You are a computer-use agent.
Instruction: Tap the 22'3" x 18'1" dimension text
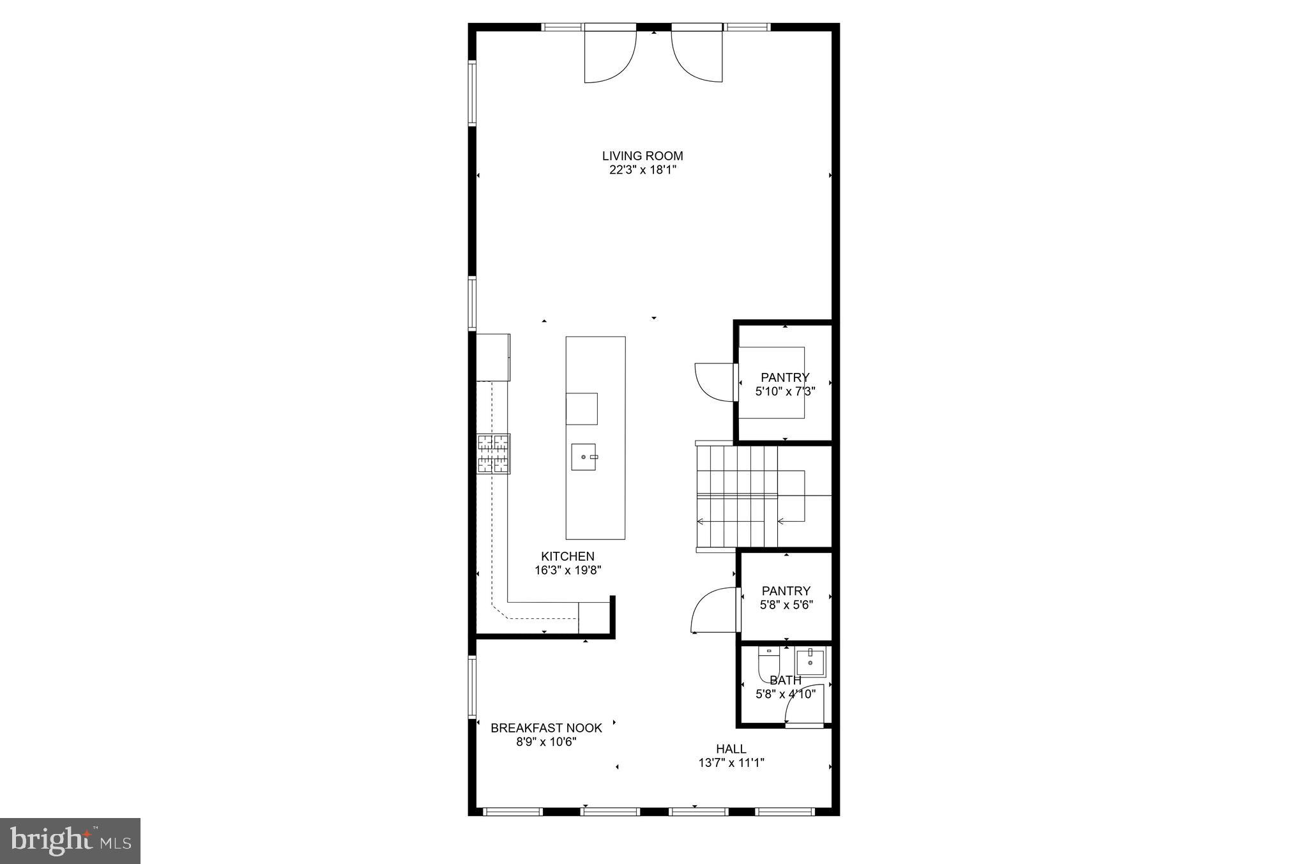click(642, 170)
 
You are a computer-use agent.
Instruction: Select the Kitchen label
click(568, 556)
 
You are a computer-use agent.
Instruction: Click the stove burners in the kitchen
click(494, 454)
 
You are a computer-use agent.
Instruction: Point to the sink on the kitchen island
click(584, 457)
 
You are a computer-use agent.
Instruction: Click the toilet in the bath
click(768, 664)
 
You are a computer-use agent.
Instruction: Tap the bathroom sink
click(810, 662)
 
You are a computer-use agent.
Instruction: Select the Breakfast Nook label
click(546, 727)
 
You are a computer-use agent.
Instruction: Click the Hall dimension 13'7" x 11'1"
click(731, 762)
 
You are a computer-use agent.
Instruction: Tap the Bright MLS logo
click(70, 841)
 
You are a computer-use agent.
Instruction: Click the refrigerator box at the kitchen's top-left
click(493, 356)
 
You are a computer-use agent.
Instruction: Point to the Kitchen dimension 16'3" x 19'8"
click(568, 570)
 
